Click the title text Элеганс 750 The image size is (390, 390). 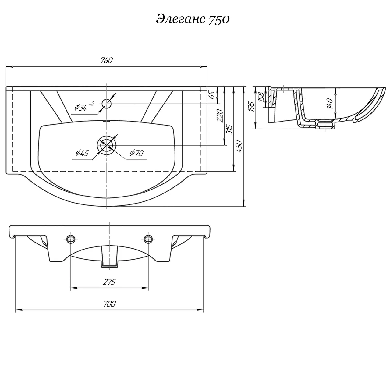(x=193, y=19)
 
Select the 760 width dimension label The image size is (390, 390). (x=107, y=61)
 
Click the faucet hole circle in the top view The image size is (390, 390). (x=107, y=104)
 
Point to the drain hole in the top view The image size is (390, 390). (x=106, y=145)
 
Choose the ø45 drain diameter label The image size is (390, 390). (x=82, y=153)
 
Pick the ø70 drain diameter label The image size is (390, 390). (x=136, y=153)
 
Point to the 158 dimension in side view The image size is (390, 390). (x=261, y=97)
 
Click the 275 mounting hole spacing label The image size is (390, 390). (x=109, y=282)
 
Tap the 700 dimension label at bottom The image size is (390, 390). (x=110, y=304)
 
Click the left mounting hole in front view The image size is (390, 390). (x=71, y=239)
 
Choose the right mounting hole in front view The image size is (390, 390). (x=148, y=239)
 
